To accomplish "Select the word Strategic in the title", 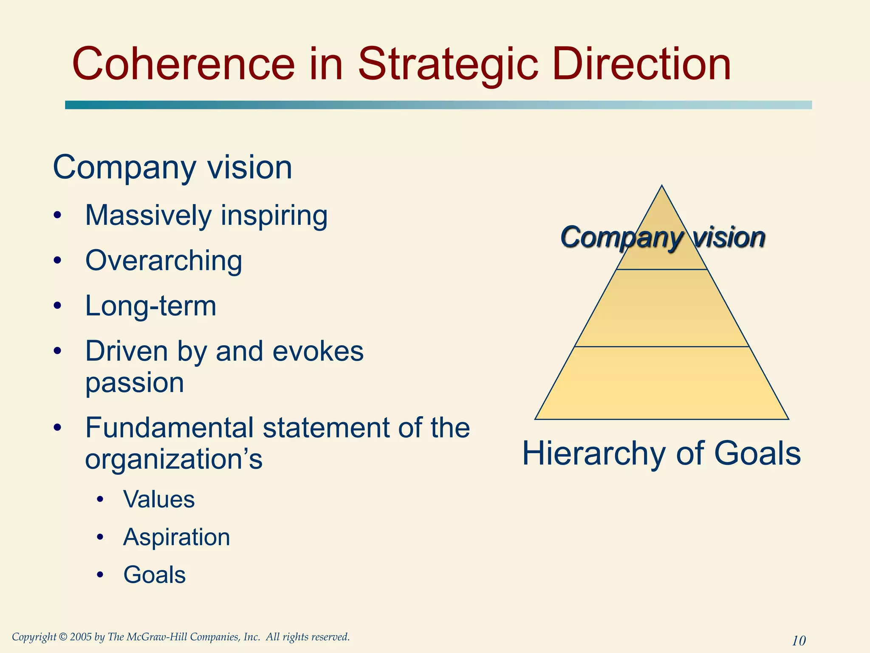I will [x=448, y=65].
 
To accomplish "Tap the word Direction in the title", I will [x=642, y=65].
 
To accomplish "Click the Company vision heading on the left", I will [x=172, y=168].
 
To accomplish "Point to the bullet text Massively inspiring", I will [x=206, y=216].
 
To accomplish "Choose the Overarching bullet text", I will [x=164, y=260].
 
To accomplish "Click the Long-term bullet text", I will [x=151, y=306].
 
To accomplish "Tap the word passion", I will [x=135, y=383].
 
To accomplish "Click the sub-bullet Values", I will [x=159, y=499].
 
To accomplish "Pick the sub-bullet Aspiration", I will [x=177, y=537].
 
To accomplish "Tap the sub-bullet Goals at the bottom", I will [x=155, y=575].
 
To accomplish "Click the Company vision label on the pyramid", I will [x=663, y=237].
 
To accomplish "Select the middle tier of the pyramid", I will [x=662, y=308].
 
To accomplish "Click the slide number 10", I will [x=799, y=640].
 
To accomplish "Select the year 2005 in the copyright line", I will [x=81, y=637].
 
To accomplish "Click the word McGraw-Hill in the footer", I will [x=157, y=637].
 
